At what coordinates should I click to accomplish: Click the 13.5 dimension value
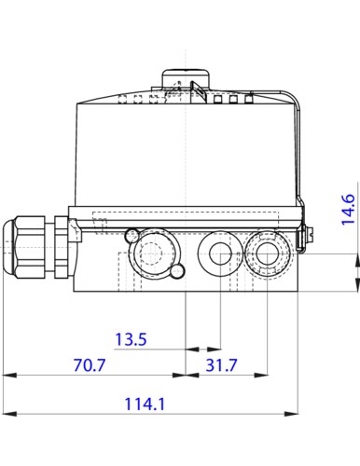[131, 341]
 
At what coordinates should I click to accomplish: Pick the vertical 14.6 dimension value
[348, 210]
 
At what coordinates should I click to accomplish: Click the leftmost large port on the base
[148, 252]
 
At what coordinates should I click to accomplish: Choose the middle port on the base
[220, 253]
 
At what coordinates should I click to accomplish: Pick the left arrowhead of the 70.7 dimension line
[8, 375]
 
